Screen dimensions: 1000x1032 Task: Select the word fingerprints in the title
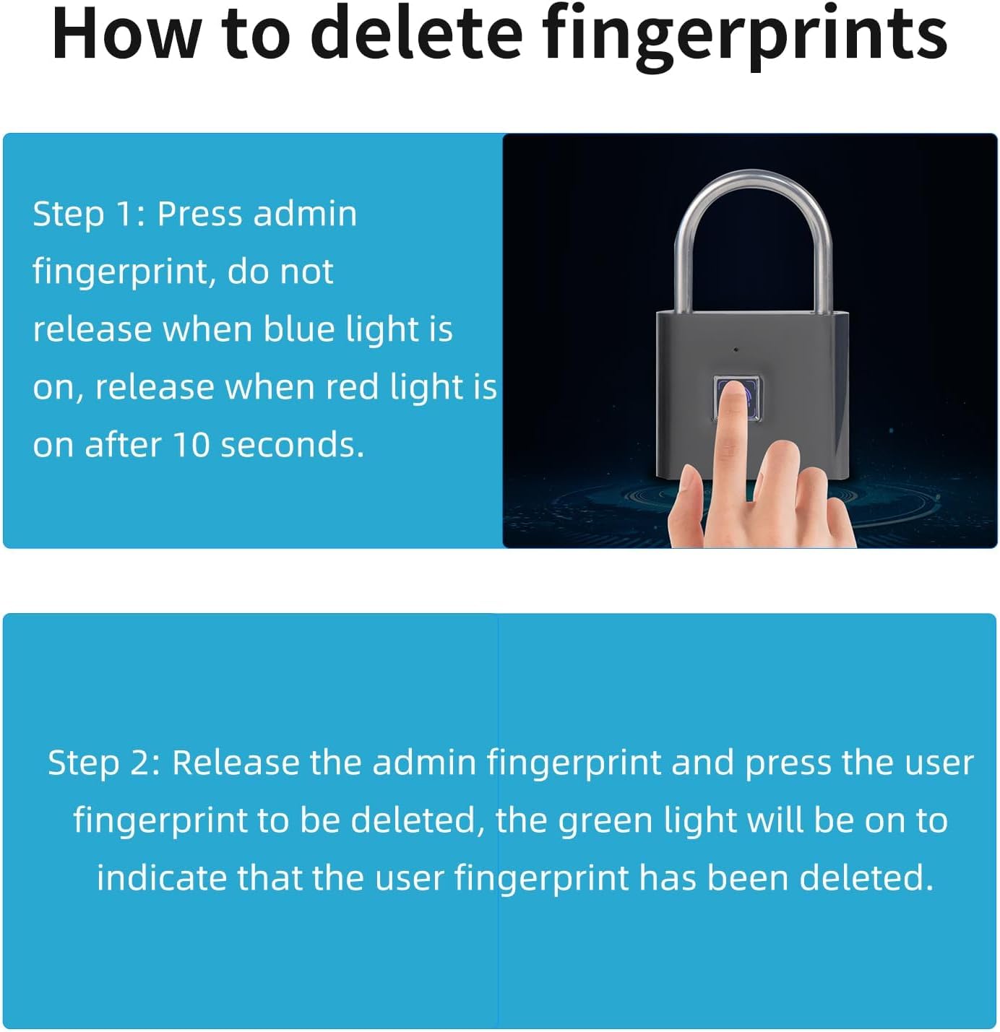(x=744, y=37)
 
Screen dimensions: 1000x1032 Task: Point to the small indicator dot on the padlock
(x=736, y=350)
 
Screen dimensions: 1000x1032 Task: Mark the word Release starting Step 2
(x=237, y=763)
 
